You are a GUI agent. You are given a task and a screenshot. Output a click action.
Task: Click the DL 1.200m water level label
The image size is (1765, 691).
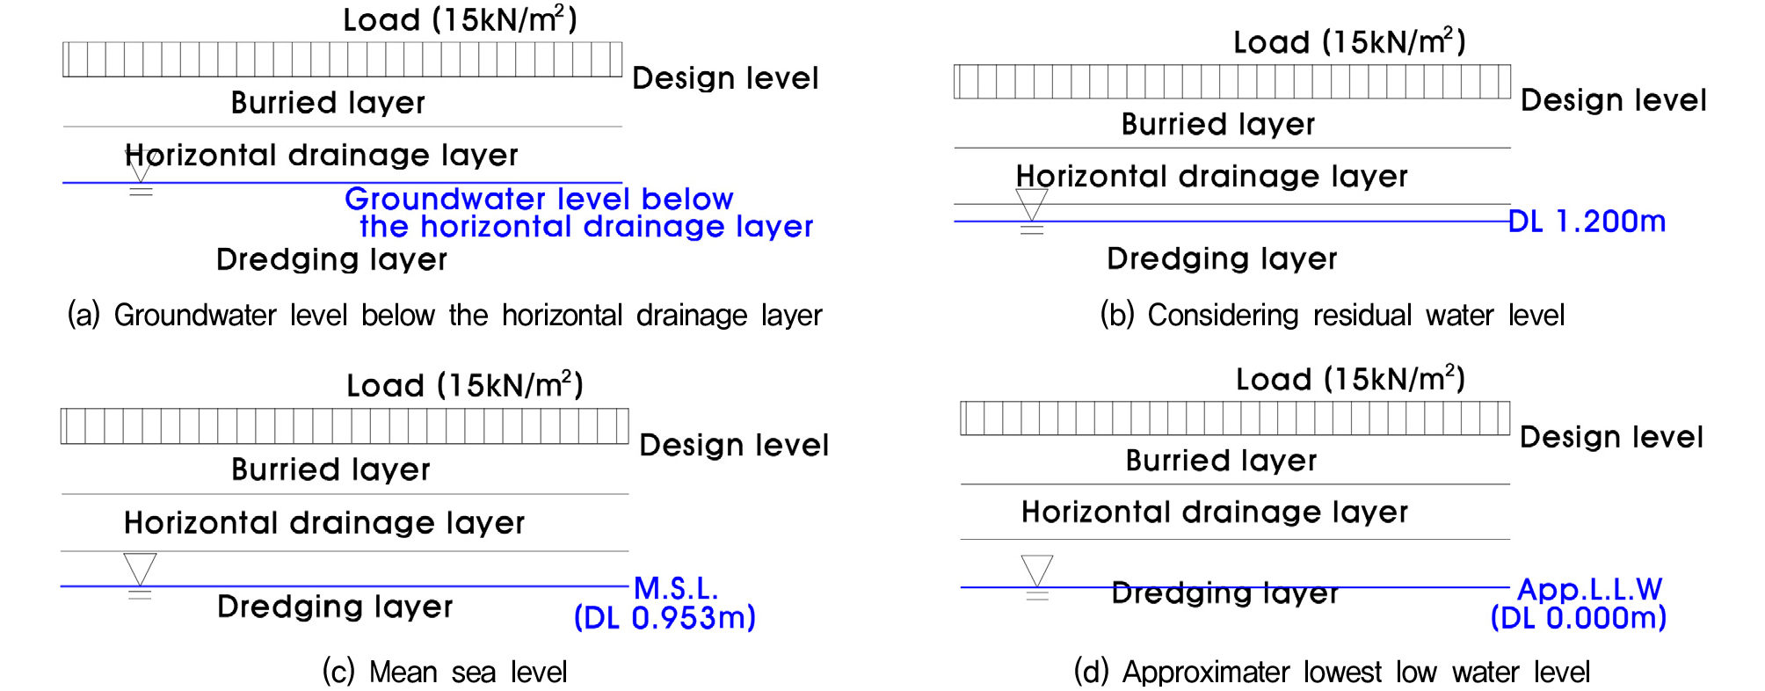(1587, 222)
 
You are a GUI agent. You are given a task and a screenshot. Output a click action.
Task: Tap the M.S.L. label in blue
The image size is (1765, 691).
(676, 588)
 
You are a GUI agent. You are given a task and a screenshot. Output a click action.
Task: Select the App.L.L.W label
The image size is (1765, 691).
(1590, 589)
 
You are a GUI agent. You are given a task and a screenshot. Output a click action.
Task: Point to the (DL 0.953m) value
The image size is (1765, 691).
(665, 618)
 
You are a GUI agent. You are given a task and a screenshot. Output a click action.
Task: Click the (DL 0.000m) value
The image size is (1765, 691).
(1579, 618)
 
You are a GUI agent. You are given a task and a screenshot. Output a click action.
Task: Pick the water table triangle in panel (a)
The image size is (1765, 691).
(141, 166)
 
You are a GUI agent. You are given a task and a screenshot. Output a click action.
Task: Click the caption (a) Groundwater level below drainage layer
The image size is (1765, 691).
(445, 315)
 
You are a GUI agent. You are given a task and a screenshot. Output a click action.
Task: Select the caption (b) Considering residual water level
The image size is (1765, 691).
(1333, 315)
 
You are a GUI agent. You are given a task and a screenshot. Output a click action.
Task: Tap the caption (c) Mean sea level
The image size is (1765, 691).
(445, 673)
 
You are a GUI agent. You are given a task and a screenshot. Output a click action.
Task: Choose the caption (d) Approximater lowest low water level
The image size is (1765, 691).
(1332, 673)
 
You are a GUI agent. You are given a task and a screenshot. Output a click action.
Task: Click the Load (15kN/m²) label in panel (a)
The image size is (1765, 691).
(461, 19)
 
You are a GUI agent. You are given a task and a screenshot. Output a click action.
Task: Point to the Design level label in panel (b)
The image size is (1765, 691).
(1614, 100)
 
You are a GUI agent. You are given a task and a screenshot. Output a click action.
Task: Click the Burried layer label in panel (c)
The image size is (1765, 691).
(330, 469)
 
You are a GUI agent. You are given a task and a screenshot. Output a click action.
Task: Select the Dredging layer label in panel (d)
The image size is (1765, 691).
(1225, 593)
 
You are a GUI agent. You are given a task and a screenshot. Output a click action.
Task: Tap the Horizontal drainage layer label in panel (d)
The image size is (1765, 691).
(1215, 512)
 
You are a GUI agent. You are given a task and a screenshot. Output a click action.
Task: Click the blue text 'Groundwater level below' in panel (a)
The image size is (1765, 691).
(539, 199)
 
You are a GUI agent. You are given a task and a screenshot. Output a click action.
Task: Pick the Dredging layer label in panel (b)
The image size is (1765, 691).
(1222, 258)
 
